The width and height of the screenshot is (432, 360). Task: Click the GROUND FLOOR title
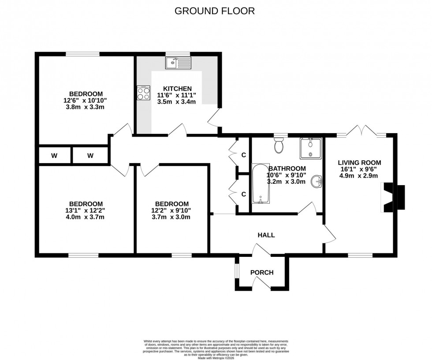click(215, 11)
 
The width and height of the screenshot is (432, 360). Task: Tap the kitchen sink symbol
click(178, 64)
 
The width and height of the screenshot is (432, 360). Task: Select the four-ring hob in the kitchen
click(144, 93)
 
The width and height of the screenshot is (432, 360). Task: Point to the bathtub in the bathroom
click(260, 184)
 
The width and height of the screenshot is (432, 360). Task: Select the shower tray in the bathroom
click(311, 148)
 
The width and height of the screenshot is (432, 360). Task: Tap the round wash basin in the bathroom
click(316, 181)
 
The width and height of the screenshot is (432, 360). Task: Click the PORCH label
click(262, 272)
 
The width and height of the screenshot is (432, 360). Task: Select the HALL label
click(266, 235)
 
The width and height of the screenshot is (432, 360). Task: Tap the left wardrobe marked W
click(54, 155)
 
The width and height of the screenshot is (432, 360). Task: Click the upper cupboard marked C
click(243, 155)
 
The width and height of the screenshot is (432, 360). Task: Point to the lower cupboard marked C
click(243, 193)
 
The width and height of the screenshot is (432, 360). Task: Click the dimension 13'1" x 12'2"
click(86, 210)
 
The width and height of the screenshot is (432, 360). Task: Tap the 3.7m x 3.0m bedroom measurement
click(172, 217)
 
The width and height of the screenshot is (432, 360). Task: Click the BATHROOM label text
click(287, 168)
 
